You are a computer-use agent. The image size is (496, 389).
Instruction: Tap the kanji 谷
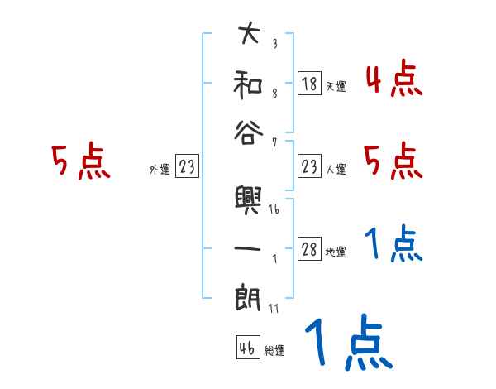pyautogui.click(x=248, y=132)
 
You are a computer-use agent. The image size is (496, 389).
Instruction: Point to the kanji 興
pyautogui.click(x=248, y=199)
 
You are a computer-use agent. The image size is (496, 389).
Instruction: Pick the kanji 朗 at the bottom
pyautogui.click(x=248, y=297)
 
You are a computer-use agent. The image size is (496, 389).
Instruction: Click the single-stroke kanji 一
pyautogui.click(x=248, y=248)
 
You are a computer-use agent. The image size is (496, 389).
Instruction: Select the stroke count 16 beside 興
pyautogui.click(x=274, y=210)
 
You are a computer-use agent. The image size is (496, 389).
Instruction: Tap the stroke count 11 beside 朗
pyautogui.click(x=274, y=308)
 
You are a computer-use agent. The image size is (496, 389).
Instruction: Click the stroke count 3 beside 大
pyautogui.click(x=274, y=44)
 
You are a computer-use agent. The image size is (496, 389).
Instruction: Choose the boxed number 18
pyautogui.click(x=309, y=84)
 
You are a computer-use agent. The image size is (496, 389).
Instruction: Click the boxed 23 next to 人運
pyautogui.click(x=309, y=167)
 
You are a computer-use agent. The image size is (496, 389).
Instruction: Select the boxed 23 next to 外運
pyautogui.click(x=187, y=167)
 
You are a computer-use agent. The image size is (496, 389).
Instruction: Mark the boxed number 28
pyautogui.click(x=309, y=250)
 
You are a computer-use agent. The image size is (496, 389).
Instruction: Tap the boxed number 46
pyautogui.click(x=246, y=348)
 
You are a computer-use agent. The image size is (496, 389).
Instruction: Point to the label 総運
pyautogui.click(x=274, y=350)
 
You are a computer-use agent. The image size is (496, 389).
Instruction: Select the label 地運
pyautogui.click(x=336, y=252)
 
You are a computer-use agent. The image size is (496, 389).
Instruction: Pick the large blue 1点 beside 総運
pyautogui.click(x=348, y=343)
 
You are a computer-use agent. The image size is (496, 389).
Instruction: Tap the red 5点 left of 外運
pyautogui.click(x=80, y=161)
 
